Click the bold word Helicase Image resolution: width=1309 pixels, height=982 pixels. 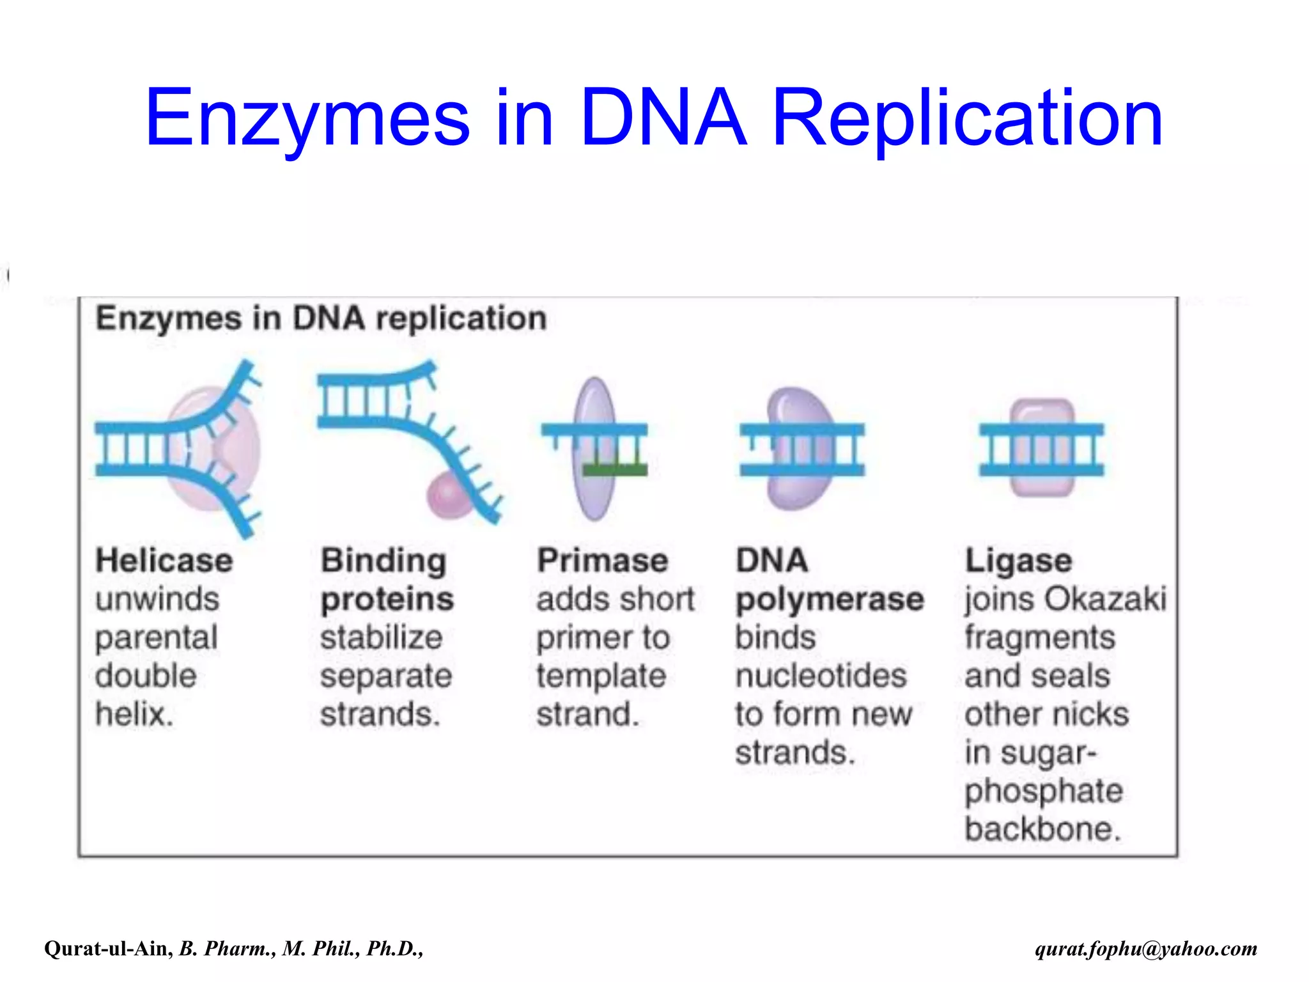coord(164,561)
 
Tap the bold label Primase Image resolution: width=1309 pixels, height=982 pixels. coord(602,561)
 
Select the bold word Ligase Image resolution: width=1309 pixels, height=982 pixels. coord(1018,561)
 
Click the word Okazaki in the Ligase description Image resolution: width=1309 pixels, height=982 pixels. coord(1106,599)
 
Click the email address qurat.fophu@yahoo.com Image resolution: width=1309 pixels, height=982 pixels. coord(1146,948)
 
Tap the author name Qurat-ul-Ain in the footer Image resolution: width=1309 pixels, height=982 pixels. coord(107,948)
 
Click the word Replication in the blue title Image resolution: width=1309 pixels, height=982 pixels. coord(967,119)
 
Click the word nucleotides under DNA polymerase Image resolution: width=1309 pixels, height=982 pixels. coord(821,676)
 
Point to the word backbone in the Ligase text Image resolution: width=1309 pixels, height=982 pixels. coord(1042,829)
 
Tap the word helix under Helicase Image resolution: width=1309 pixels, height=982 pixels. coord(134,714)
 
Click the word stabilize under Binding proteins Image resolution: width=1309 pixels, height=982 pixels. coord(381,637)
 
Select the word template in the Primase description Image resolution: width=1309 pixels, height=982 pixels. coord(601,676)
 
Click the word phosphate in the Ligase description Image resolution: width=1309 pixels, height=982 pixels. coord(1044,791)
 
